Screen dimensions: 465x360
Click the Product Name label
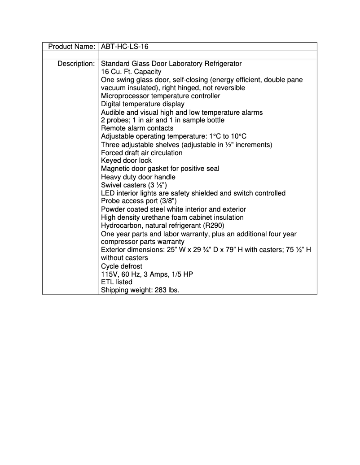coord(71,47)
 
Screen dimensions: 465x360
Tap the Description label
coord(76,64)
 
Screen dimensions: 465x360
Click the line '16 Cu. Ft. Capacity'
coord(131,72)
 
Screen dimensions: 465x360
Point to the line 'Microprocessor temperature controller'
coord(160,96)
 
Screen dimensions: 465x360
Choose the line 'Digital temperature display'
coord(142,104)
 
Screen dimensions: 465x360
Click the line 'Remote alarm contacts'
coord(137,128)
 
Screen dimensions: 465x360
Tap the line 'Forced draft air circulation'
coord(141,153)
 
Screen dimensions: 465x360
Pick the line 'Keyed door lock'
coord(126,161)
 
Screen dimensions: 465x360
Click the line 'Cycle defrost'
coord(122,266)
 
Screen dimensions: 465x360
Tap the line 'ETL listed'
coord(117,282)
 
